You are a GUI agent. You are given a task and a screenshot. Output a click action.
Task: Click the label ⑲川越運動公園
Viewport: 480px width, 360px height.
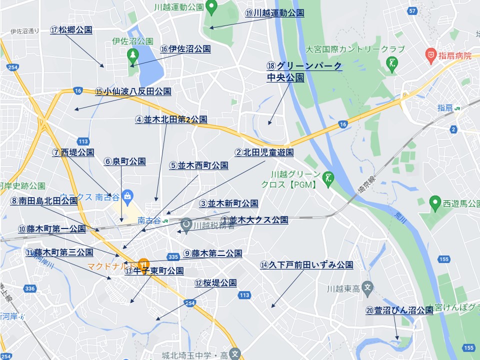coord(274,13)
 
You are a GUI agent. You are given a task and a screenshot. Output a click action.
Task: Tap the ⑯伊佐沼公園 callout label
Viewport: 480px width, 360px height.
coord(185,49)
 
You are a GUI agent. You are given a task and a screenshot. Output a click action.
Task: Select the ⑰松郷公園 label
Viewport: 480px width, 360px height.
coord(71,30)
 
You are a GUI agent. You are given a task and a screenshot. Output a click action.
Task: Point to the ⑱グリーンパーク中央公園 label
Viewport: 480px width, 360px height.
coord(304,71)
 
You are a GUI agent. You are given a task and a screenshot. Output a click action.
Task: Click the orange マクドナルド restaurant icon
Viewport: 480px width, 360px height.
coord(143,263)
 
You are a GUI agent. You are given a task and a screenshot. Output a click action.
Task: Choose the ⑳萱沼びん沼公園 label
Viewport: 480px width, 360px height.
coord(399,310)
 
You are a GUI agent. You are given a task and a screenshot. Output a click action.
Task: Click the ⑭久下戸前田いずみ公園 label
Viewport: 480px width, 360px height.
coord(306,265)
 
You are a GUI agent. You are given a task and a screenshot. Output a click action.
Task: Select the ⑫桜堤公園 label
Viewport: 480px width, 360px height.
coord(215,283)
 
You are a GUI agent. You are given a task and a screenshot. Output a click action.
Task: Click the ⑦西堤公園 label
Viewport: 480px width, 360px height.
coord(73,152)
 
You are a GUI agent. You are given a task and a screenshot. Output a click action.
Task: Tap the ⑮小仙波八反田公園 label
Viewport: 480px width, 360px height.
coord(133,91)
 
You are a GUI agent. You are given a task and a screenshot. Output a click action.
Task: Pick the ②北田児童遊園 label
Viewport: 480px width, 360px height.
coord(264,152)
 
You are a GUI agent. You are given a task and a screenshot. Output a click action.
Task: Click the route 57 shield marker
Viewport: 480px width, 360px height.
coord(412,10)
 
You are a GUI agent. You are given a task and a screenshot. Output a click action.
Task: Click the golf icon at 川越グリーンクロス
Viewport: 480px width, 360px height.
coord(329,177)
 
